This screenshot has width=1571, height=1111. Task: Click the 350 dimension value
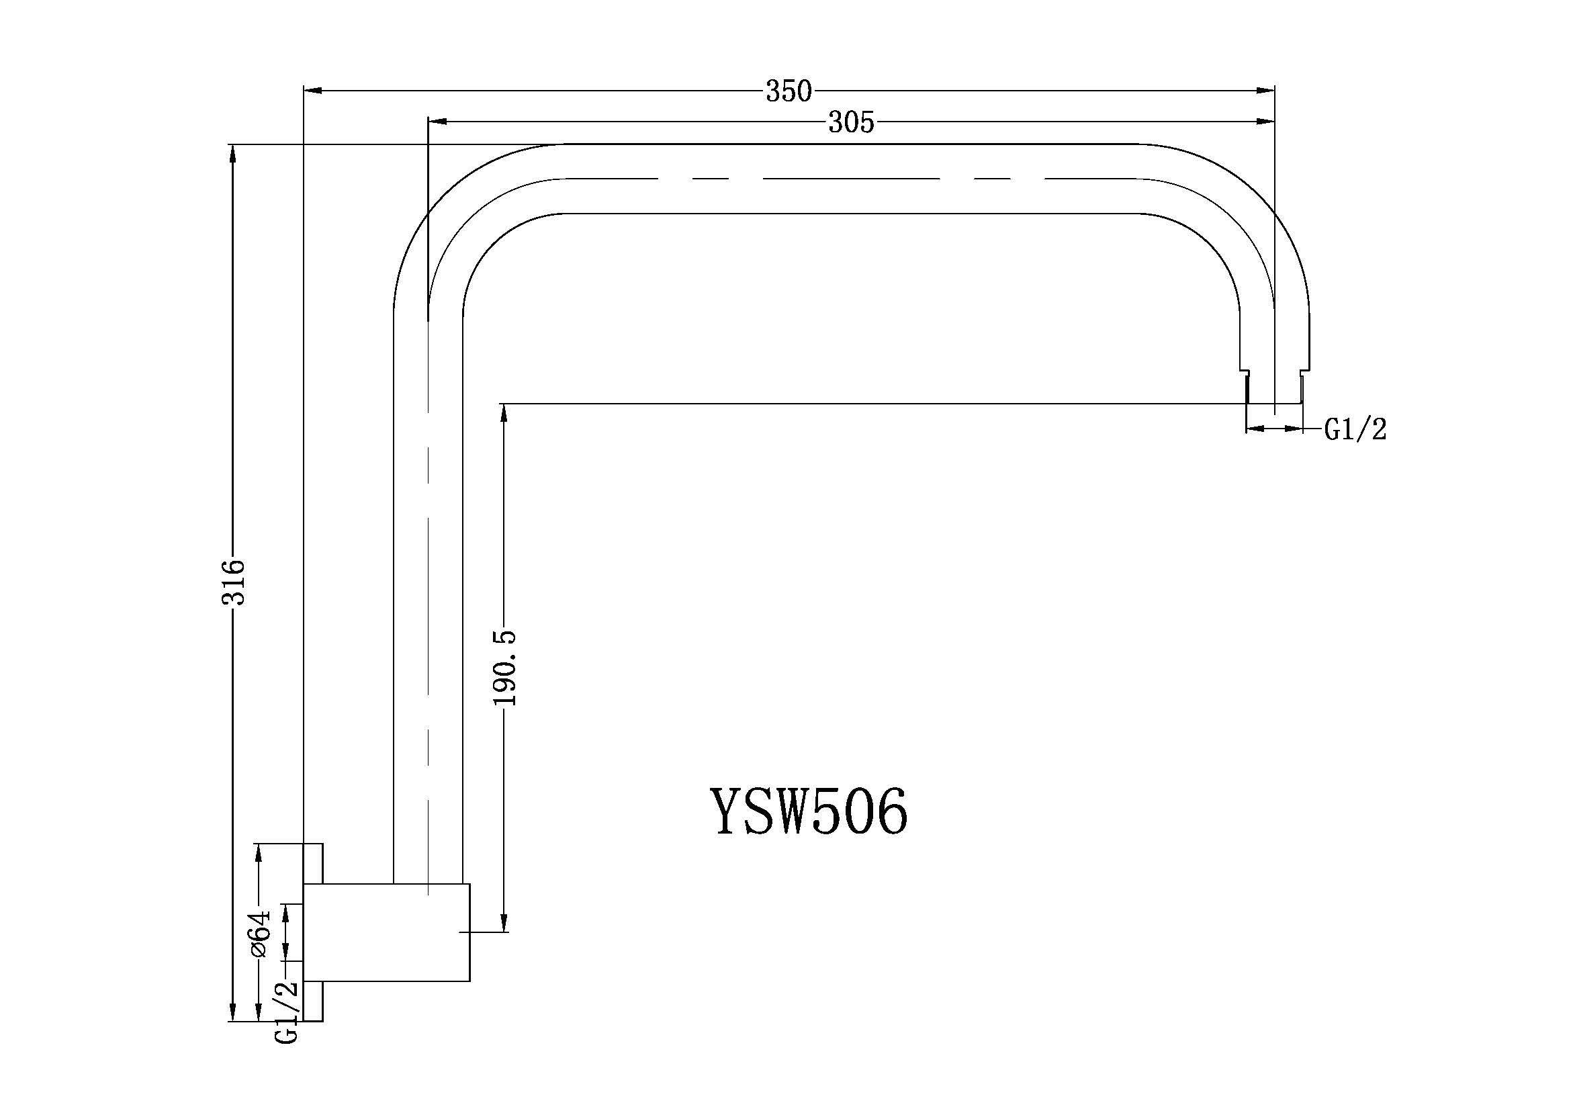coord(789,91)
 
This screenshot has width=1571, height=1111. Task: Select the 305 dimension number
coord(852,123)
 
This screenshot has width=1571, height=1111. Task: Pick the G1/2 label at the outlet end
coord(1355,430)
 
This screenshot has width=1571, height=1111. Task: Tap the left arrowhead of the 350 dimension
coord(312,89)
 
